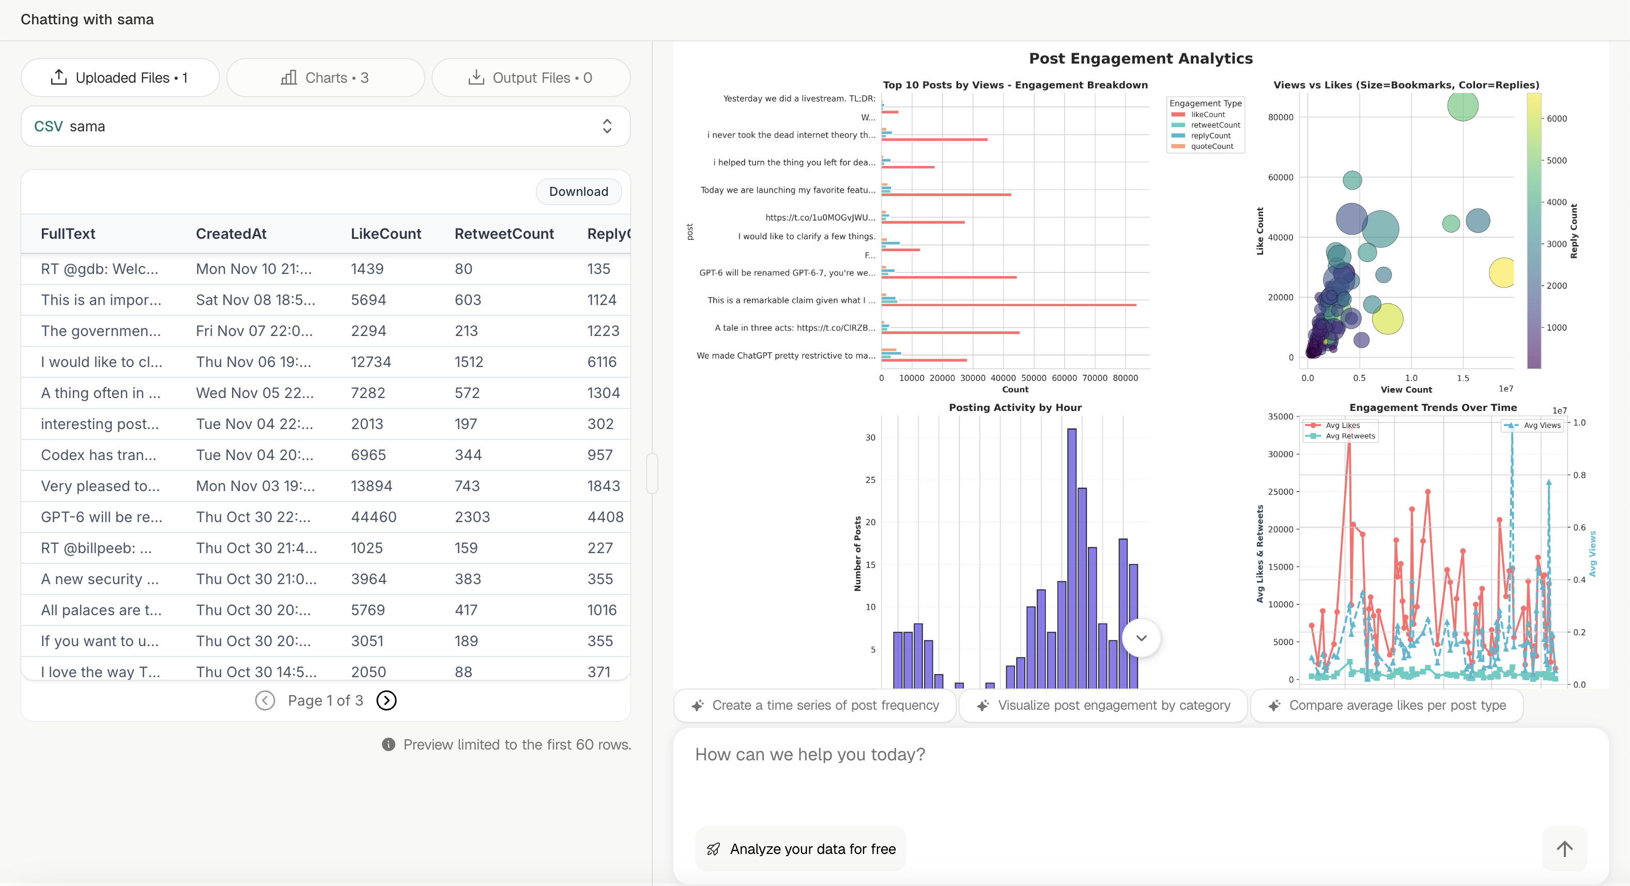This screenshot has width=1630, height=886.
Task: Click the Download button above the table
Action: click(x=578, y=192)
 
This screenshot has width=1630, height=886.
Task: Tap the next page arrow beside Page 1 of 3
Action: click(x=386, y=700)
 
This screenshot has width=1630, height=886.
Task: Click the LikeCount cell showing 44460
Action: click(x=373, y=517)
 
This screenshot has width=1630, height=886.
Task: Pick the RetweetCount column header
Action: click(x=504, y=234)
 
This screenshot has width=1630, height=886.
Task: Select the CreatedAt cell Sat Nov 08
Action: click(x=255, y=300)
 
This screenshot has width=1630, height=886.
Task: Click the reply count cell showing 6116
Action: click(x=601, y=362)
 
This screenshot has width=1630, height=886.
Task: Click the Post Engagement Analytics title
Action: click(x=1140, y=58)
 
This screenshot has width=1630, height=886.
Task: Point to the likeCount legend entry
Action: click(x=1207, y=115)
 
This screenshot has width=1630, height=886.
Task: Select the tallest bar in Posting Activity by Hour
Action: click(x=1071, y=557)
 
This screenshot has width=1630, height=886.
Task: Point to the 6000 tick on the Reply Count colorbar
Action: click(x=1556, y=119)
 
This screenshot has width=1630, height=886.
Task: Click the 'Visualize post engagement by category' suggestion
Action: click(x=1103, y=705)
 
